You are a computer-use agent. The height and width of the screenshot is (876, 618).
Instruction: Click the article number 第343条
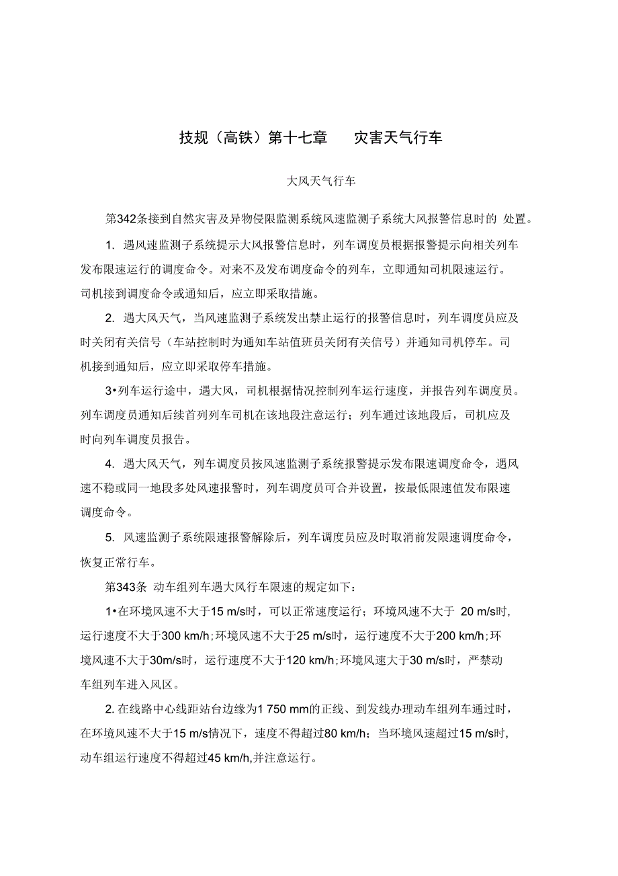pyautogui.click(x=126, y=586)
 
